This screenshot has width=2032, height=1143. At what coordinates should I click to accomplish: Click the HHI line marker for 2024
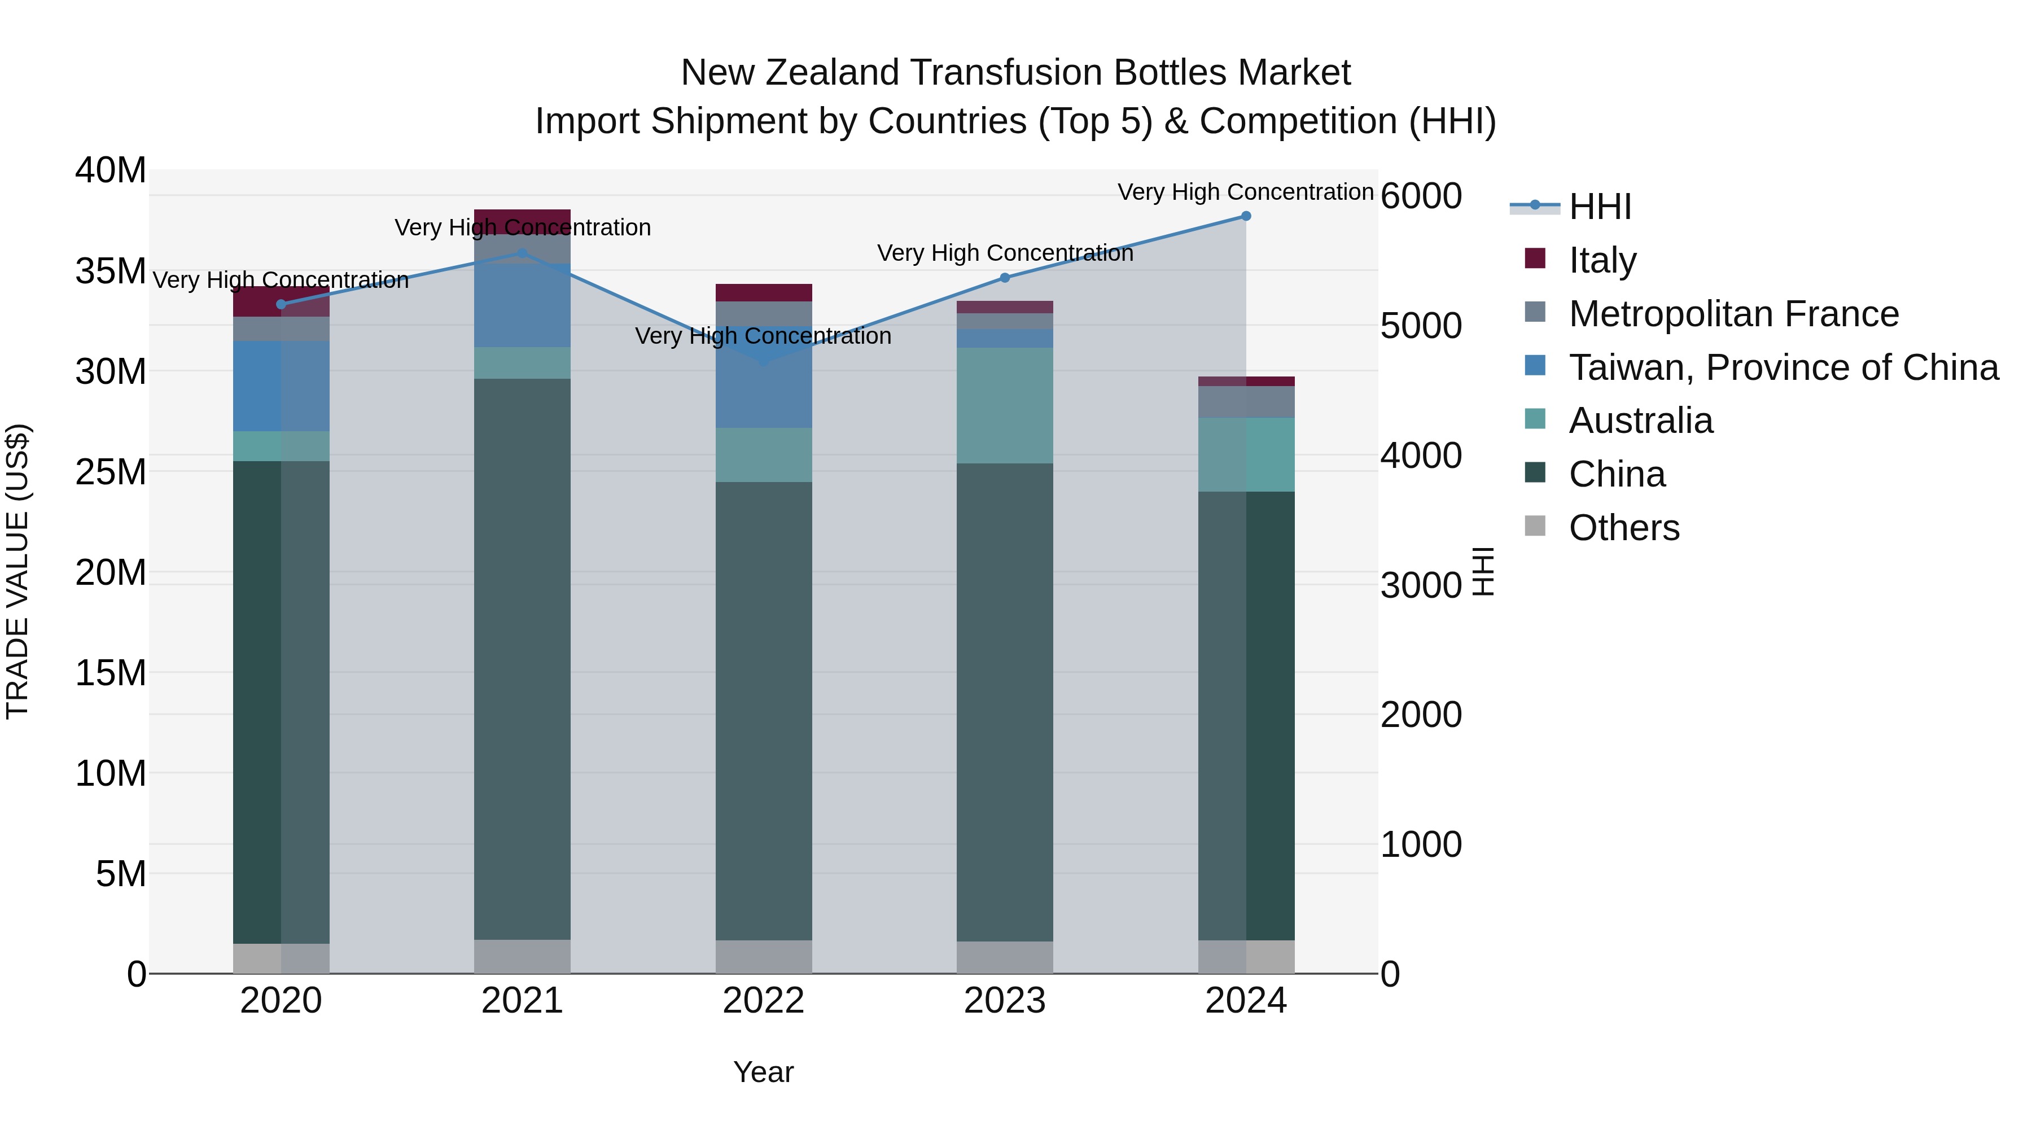coord(1246,216)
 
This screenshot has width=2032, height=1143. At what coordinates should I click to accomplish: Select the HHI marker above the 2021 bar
coord(522,253)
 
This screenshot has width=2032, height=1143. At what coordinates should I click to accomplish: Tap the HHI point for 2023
coord(1004,278)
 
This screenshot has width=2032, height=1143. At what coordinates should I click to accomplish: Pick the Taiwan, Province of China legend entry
coord(1783,367)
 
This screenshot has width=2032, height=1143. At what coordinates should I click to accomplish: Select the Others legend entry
coord(1623,528)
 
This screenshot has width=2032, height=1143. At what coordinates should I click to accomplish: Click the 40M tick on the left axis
coord(111,170)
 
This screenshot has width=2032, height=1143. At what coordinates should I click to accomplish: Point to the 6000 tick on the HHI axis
coord(1421,196)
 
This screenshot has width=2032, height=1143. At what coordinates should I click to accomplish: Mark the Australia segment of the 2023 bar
coord(1004,405)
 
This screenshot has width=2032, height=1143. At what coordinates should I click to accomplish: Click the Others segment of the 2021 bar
coord(522,956)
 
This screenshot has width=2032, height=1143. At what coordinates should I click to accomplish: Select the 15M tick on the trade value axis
coord(111,673)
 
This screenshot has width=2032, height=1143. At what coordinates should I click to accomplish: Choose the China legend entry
coord(1617,475)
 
